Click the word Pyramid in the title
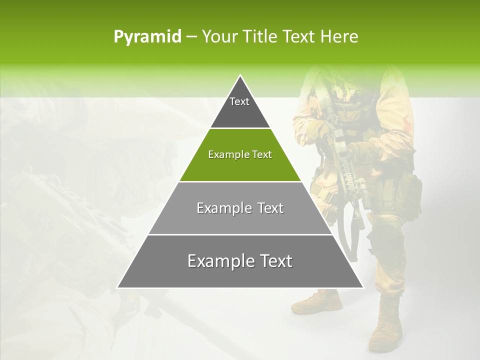coord(147,37)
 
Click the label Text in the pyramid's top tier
coord(239,101)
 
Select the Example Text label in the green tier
coord(240,154)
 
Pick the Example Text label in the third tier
coord(240,208)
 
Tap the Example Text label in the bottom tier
coord(240,261)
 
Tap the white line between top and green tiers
coord(240,128)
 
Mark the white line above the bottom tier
coord(240,234)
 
